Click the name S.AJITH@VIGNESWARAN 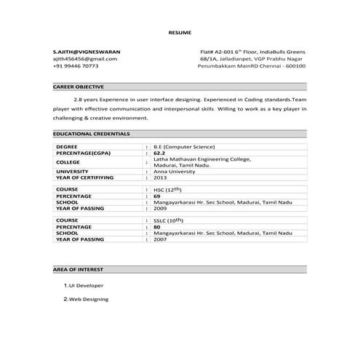click(x=87, y=52)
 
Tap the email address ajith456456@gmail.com click(x=84, y=59)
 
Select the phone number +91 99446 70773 click(x=76, y=66)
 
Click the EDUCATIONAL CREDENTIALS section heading click(x=92, y=134)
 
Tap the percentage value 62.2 click(x=160, y=153)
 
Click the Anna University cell click(x=175, y=171)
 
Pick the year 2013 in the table click(x=160, y=177)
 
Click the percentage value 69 click(x=156, y=196)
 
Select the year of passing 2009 click(x=160, y=208)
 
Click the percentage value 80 click(x=156, y=226)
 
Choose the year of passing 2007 click(x=160, y=239)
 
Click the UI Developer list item click(x=86, y=286)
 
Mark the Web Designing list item click(x=88, y=299)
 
